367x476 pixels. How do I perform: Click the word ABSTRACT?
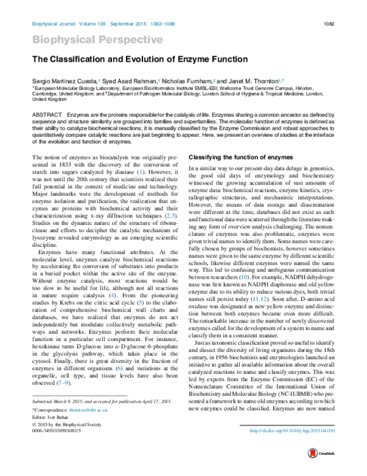(47, 115)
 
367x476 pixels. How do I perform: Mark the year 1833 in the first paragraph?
(70, 164)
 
